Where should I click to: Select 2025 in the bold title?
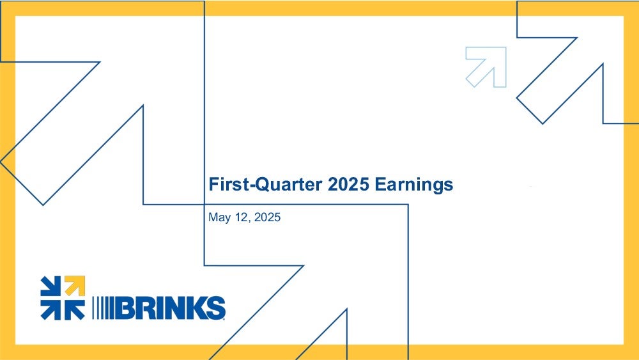pos(348,184)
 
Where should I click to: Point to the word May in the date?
pos(220,217)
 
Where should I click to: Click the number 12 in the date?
pos(242,217)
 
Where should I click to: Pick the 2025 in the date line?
pos(267,217)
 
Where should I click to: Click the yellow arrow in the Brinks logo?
pos(75,286)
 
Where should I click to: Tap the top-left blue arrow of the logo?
pos(50,286)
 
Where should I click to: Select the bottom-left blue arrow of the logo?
pos(50,310)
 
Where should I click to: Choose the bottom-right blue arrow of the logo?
pos(75,310)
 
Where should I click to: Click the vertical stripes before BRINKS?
pos(104,308)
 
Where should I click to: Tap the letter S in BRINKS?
pos(215,308)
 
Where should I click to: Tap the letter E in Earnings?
pos(380,184)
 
